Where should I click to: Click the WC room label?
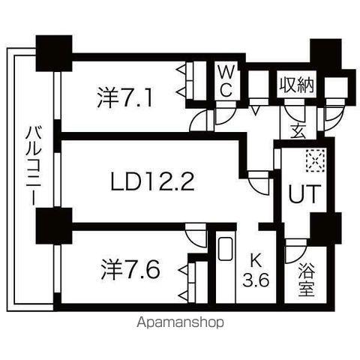(226, 81)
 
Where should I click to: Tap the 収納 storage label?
(296, 85)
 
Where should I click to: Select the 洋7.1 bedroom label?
(124, 97)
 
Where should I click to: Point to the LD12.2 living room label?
(152, 181)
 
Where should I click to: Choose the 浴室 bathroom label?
(307, 280)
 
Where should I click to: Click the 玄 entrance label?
(298, 131)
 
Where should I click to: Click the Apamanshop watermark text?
(180, 322)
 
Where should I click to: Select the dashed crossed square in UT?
(316, 160)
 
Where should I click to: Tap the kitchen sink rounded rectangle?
(226, 249)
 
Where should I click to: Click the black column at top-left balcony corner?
(54, 53)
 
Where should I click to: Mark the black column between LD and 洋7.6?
(54, 226)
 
